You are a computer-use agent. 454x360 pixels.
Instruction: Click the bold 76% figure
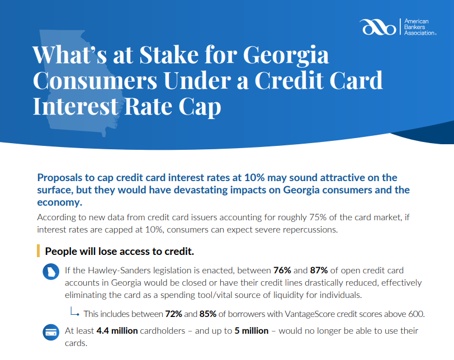284,271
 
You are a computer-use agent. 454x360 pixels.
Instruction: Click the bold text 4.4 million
117,331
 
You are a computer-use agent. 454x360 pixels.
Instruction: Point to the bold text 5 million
251,331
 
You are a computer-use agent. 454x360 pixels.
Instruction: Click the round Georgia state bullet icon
51,272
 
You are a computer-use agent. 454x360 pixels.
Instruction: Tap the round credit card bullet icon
51,333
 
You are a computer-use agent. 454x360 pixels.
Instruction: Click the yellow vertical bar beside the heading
38,251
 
